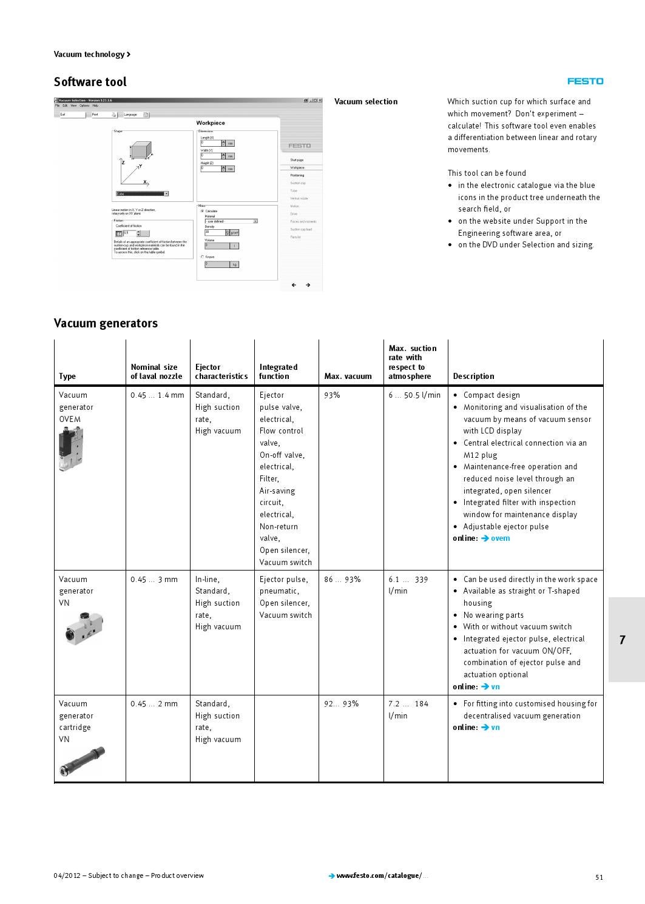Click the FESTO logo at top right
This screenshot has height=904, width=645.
point(585,81)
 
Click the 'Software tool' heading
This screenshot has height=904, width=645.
point(90,82)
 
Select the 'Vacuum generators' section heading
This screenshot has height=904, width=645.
point(106,323)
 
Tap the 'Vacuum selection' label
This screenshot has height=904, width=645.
point(366,102)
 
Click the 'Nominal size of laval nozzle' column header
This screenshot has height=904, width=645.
point(156,372)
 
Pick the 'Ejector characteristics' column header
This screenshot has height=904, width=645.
point(221,372)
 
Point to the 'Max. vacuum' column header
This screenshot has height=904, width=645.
point(348,377)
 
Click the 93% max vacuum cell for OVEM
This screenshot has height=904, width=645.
point(332,395)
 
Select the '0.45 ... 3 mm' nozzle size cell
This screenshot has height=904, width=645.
point(154,580)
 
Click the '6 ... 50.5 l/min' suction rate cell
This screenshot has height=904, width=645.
point(414,395)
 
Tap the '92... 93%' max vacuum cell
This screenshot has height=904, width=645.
point(341,704)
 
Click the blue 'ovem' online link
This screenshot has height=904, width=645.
point(500,538)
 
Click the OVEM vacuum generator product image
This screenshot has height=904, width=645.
point(70,449)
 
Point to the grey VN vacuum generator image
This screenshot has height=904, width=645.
point(84,628)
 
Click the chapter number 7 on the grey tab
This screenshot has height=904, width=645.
point(622,640)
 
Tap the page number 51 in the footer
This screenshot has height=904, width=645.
point(599,877)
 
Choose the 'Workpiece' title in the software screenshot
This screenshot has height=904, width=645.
point(210,123)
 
